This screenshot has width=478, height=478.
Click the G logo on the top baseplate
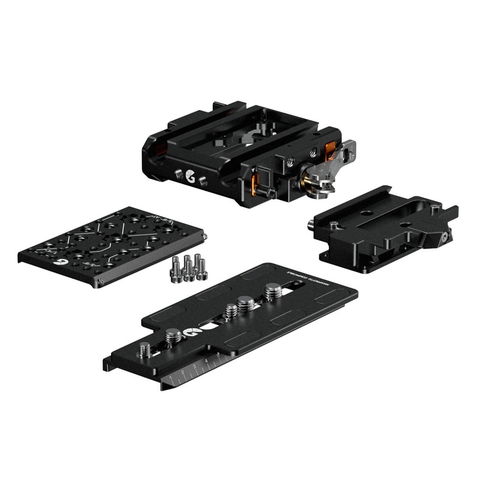pos(190,175)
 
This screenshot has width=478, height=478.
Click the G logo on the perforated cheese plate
pos(61,262)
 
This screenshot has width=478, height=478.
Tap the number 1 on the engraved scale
pos(171,379)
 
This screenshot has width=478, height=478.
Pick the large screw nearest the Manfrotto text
pos(273,291)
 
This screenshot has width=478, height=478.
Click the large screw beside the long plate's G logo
pos(174,336)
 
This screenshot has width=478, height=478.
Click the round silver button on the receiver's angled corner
pos(445,237)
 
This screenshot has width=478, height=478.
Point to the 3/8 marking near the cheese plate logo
pos(88,263)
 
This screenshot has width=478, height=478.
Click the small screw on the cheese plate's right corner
pos(205,236)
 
